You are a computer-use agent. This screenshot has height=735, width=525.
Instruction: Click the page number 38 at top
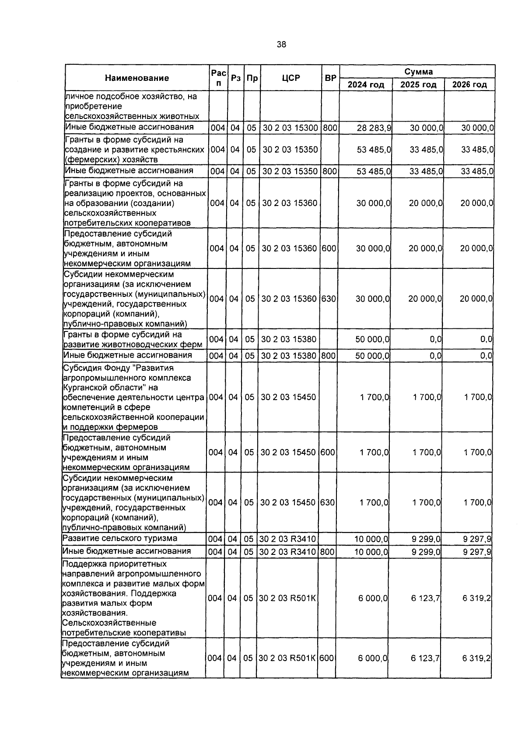[x=281, y=44]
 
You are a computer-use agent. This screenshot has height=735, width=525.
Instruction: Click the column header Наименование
[x=136, y=78]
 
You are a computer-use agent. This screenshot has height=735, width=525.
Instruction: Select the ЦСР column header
[x=291, y=78]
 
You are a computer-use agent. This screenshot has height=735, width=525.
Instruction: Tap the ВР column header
[x=331, y=78]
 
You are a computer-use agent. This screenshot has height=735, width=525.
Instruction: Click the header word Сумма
[x=418, y=72]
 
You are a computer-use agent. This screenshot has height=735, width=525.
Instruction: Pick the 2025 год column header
[x=418, y=85]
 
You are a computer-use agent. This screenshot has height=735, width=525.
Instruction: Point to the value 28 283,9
[x=374, y=128]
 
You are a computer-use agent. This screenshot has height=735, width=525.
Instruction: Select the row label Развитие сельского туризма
[x=120, y=538]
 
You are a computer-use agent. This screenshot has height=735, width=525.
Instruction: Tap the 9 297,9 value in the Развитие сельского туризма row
[x=477, y=539]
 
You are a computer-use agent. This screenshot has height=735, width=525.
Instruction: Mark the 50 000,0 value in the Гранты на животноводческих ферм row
[x=372, y=339]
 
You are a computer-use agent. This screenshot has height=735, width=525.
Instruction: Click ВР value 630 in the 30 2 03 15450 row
[x=327, y=502]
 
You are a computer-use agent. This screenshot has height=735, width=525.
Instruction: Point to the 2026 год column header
[x=469, y=85]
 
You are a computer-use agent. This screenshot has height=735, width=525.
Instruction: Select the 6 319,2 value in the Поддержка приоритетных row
[x=476, y=598]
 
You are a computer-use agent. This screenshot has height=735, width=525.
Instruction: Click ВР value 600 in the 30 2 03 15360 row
[x=329, y=248]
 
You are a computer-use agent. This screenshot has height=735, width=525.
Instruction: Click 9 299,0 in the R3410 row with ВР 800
[x=426, y=552]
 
